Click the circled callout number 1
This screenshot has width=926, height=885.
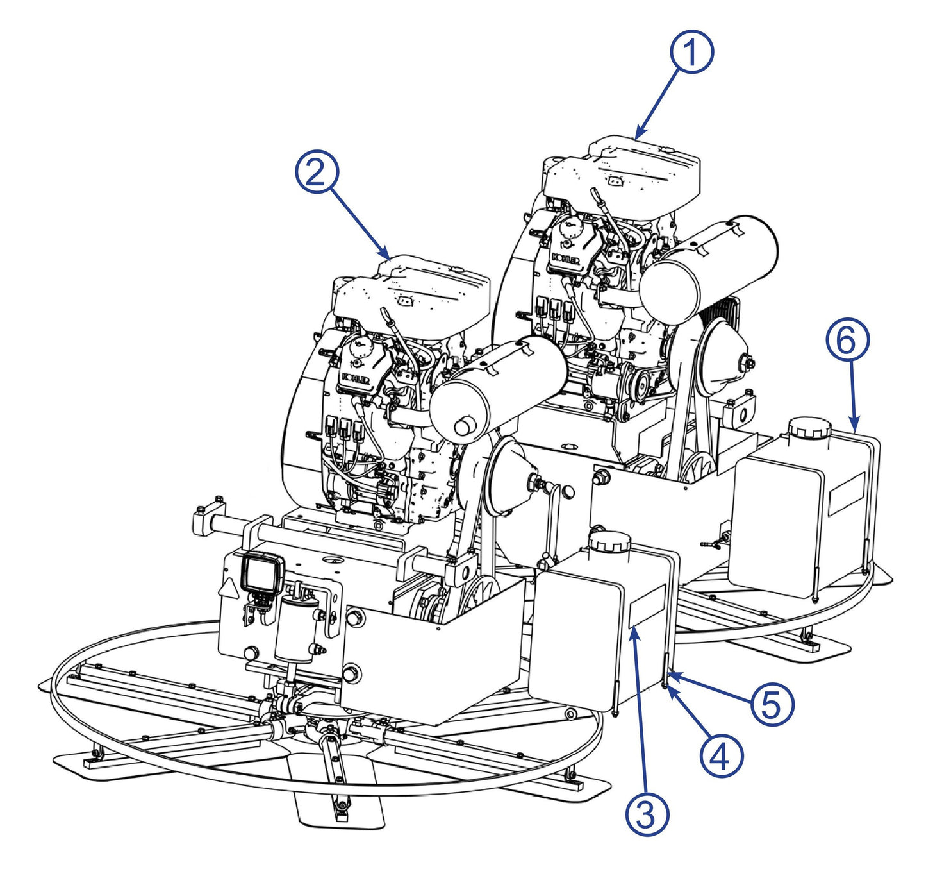pyautogui.click(x=691, y=53)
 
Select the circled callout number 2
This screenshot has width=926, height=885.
pyautogui.click(x=317, y=171)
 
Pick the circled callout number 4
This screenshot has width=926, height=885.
pyautogui.click(x=721, y=755)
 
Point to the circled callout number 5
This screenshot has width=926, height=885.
pyautogui.click(x=772, y=704)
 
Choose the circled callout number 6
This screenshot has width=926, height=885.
pyautogui.click(x=847, y=341)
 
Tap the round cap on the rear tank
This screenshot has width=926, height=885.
pyautogui.click(x=809, y=428)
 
